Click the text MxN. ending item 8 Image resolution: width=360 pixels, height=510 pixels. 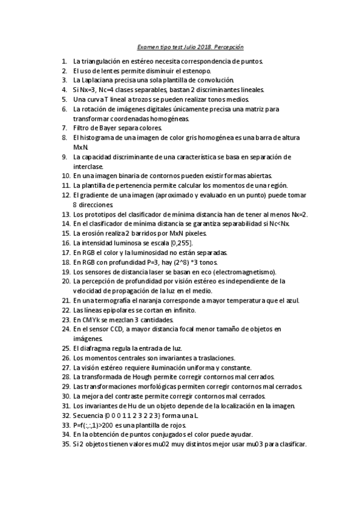click(81, 147)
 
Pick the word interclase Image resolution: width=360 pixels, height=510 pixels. click(88, 167)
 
